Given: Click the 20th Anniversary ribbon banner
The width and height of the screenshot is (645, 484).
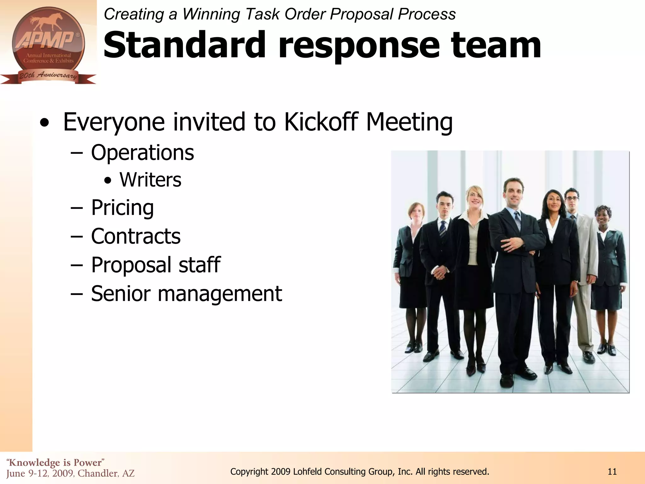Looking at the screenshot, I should pos(48,76).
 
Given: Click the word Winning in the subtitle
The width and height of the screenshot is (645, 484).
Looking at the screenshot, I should pos(211,14).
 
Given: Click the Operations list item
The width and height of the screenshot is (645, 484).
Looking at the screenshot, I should pos(142,153).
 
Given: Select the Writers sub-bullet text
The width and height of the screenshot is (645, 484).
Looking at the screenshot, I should pos(150,180).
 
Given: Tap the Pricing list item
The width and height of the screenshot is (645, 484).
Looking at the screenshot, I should pos(122,208).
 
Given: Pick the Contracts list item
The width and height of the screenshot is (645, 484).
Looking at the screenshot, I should pos(136,236).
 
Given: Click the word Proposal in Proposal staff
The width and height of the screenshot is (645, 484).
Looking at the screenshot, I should pos(131,265).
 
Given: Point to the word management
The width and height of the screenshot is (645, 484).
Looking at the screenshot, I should pos(220,293).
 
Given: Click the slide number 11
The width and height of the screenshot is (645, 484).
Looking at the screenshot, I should pos(612,472).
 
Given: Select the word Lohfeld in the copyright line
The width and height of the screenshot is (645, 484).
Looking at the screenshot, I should pos(307,472).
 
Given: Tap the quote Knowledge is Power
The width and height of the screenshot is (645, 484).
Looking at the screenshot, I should pos(55,463).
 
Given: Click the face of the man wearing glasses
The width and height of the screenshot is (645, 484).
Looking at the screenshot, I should pos(571,199).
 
